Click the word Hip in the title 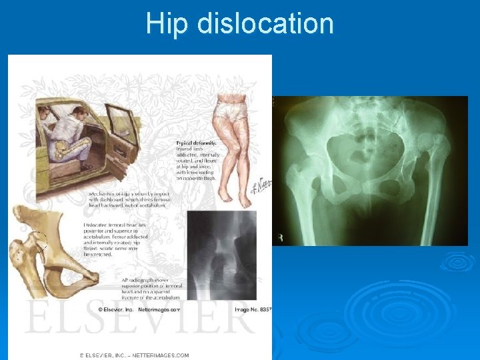click(x=163, y=24)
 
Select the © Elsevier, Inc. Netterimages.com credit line click(x=139, y=310)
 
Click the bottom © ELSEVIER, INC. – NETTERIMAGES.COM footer click(x=133, y=355)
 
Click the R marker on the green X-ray click(x=280, y=237)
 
